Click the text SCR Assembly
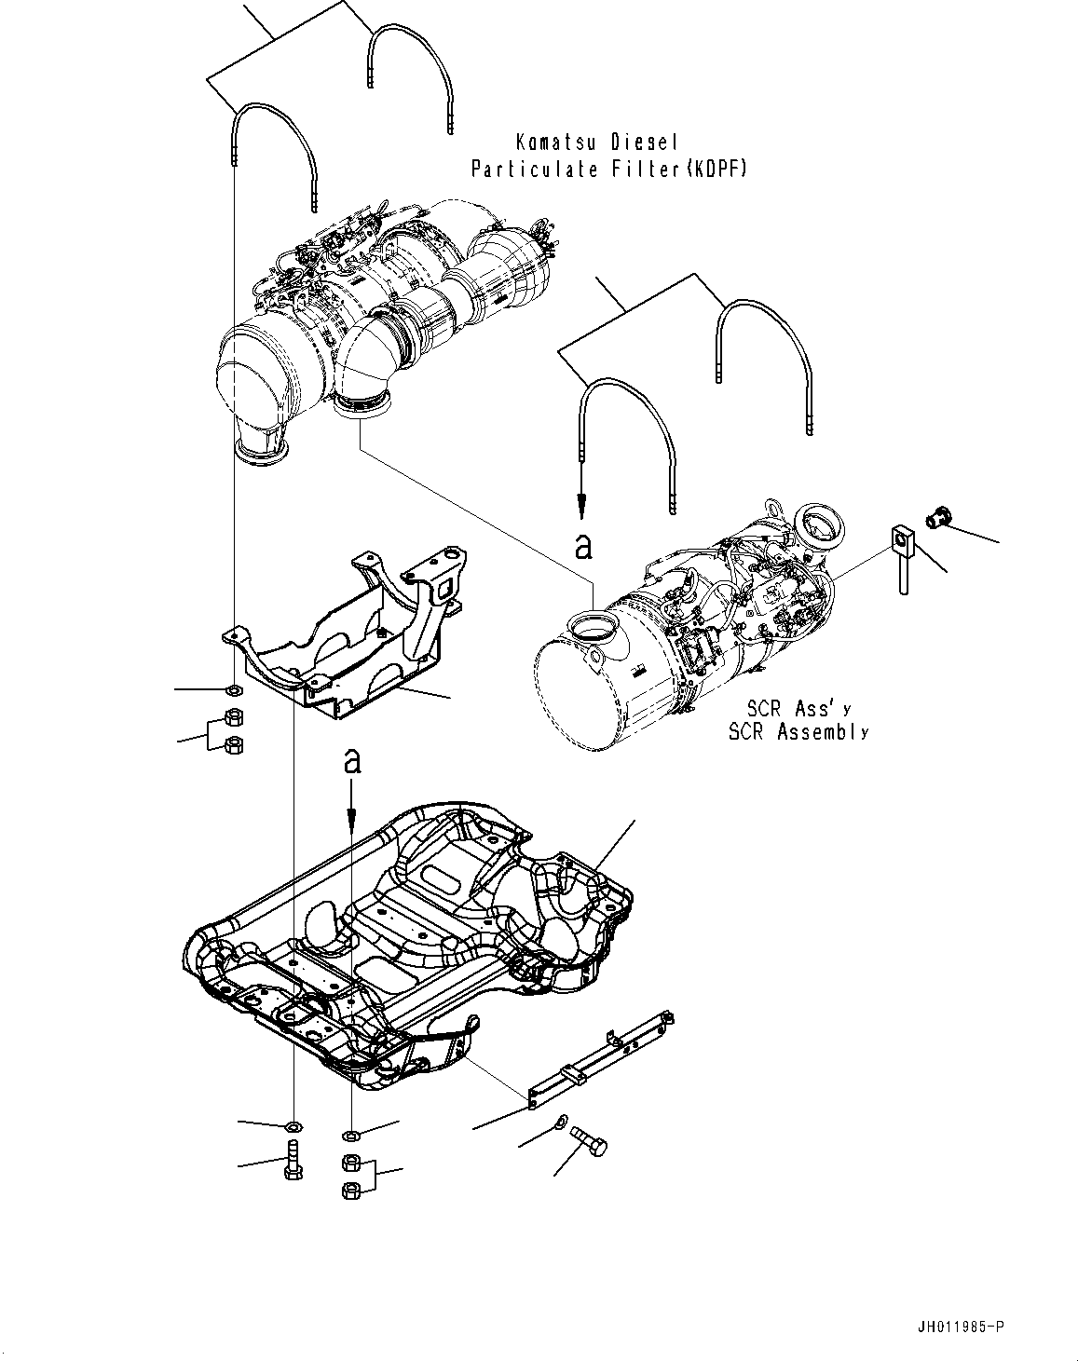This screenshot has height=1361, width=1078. [x=798, y=732]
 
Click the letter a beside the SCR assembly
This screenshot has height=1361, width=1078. [x=583, y=546]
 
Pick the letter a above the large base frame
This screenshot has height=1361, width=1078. [x=352, y=761]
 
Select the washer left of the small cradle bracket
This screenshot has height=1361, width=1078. [x=234, y=690]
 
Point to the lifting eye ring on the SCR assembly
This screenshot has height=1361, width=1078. [x=774, y=508]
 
